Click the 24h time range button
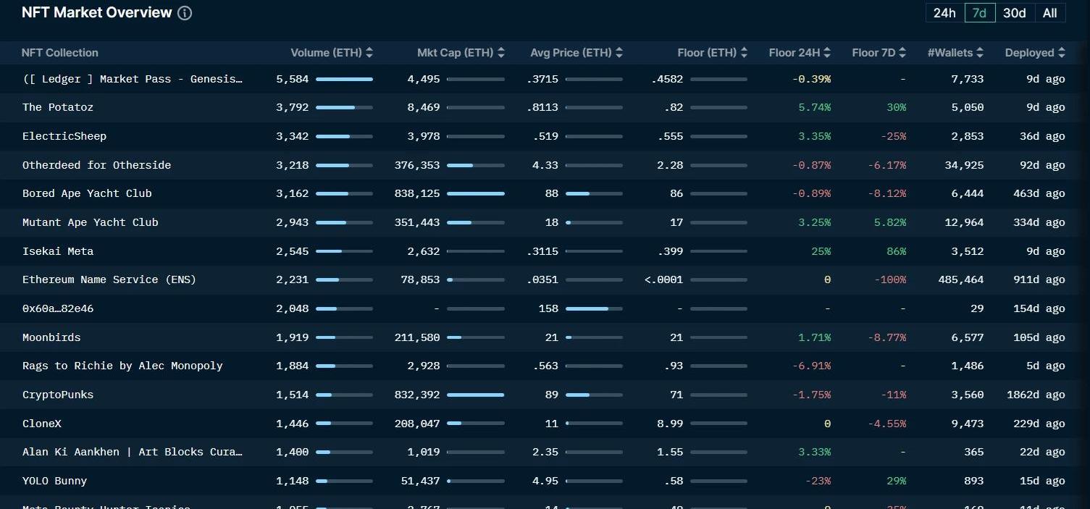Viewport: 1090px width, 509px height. pyautogui.click(x=944, y=13)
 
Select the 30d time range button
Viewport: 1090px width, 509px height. pyautogui.click(x=1014, y=13)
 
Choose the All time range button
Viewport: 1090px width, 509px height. pyautogui.click(x=1049, y=13)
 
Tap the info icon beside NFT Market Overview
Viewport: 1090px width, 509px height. pyautogui.click(x=185, y=13)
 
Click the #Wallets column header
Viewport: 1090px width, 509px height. pyautogui.click(x=955, y=53)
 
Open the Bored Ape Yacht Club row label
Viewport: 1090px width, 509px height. pyautogui.click(x=87, y=193)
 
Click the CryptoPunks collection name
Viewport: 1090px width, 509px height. pyautogui.click(x=58, y=395)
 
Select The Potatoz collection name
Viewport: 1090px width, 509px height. pyautogui.click(x=58, y=107)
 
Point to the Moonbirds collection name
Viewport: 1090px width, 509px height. pyautogui.click(x=51, y=337)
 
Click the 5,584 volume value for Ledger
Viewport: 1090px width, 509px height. pyautogui.click(x=292, y=79)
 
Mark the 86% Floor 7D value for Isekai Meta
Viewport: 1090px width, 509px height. pyautogui.click(x=896, y=251)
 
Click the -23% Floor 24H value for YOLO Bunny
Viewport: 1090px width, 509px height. pyautogui.click(x=818, y=481)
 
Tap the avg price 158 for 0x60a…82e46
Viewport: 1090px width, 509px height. pyautogui.click(x=548, y=308)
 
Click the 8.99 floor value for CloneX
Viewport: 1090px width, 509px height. pyautogui.click(x=670, y=424)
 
